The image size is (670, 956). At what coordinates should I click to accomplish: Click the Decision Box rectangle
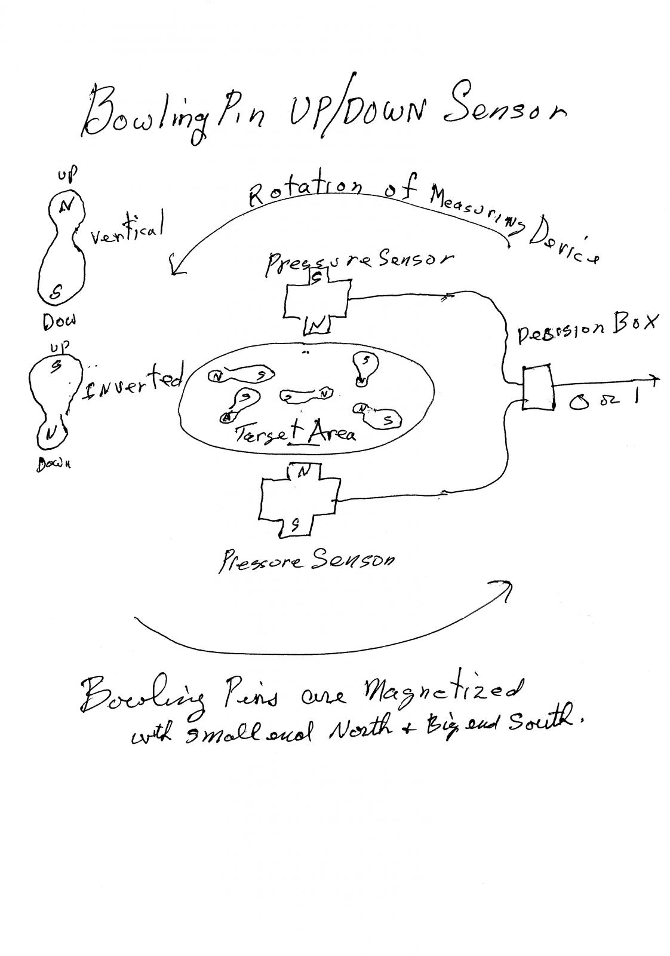537,388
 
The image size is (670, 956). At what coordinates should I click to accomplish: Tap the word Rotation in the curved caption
305,192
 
